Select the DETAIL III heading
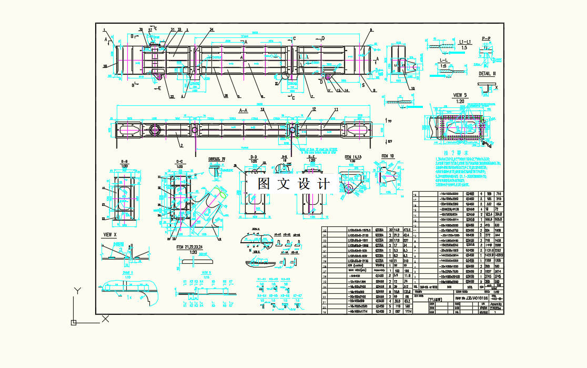[x=487, y=74]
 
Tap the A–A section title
[x=243, y=111]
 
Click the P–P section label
[x=486, y=38]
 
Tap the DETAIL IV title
[x=217, y=158]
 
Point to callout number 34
[x=211, y=29]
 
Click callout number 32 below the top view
[x=172, y=96]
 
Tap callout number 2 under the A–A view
[x=181, y=144]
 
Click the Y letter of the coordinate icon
[x=77, y=291]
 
